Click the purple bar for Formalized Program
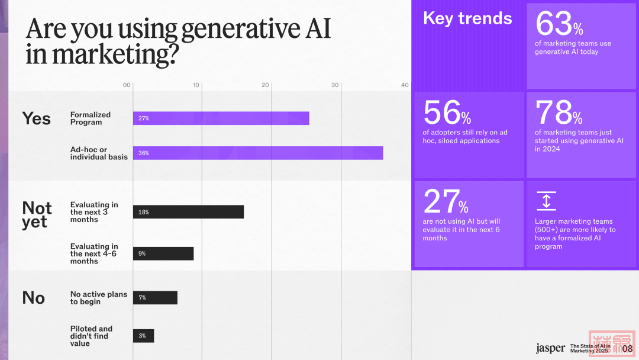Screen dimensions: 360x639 click(x=221, y=118)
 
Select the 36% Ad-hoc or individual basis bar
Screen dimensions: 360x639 click(x=257, y=153)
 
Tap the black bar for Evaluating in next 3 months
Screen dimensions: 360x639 click(x=188, y=212)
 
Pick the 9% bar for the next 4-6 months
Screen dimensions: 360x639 click(x=163, y=253)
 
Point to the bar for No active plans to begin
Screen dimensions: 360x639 click(x=155, y=298)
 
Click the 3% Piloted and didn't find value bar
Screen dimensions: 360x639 click(x=143, y=336)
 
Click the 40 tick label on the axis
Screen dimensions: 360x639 click(x=405, y=85)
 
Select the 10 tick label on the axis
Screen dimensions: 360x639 click(x=196, y=85)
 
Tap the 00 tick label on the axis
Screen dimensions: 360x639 click(x=127, y=85)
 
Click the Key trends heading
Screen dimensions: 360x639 click(x=467, y=18)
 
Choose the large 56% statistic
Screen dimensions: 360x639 click(x=447, y=112)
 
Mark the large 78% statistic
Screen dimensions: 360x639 click(x=559, y=112)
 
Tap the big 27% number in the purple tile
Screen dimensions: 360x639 click(x=446, y=202)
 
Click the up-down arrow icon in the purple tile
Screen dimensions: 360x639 click(x=546, y=201)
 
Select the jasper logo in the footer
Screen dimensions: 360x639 click(x=550, y=348)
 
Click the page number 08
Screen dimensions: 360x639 click(x=627, y=349)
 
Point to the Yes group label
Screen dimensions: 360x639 click(x=37, y=118)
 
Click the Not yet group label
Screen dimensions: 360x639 click(x=37, y=215)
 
